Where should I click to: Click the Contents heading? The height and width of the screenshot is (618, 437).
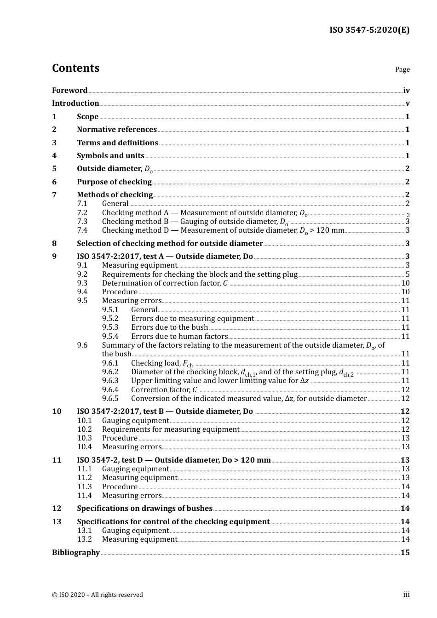coord(75,68)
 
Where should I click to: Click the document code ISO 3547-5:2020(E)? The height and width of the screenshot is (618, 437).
coord(369,30)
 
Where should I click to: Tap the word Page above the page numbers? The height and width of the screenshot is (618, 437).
coord(402,69)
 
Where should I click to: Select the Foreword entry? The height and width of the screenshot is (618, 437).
coord(69,91)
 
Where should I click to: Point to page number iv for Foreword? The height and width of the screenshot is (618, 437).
coord(406,91)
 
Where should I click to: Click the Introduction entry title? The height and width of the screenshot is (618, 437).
coord(75,103)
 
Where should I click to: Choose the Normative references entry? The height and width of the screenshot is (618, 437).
coord(117,130)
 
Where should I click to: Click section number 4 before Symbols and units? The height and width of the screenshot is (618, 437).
coord(54,156)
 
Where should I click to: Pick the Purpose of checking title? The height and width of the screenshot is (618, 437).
coord(114,182)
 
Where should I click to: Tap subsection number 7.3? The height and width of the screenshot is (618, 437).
coord(82,222)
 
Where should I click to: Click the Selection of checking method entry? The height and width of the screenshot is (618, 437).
coord(170,244)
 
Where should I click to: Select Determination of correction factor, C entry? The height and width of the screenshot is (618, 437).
coord(165,283)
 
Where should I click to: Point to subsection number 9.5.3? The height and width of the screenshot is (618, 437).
coord(110,327)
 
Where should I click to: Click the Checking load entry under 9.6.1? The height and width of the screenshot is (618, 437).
coord(161,363)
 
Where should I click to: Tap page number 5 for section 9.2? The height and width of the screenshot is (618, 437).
coord(407,275)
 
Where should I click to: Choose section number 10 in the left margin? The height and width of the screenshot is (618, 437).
coord(56,412)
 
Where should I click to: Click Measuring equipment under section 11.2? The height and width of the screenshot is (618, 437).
coord(139,478)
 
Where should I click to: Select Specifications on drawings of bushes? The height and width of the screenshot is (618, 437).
coord(144,509)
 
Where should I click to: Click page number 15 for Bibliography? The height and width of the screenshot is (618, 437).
coord(405,553)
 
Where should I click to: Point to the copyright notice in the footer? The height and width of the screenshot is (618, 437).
coord(98,595)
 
